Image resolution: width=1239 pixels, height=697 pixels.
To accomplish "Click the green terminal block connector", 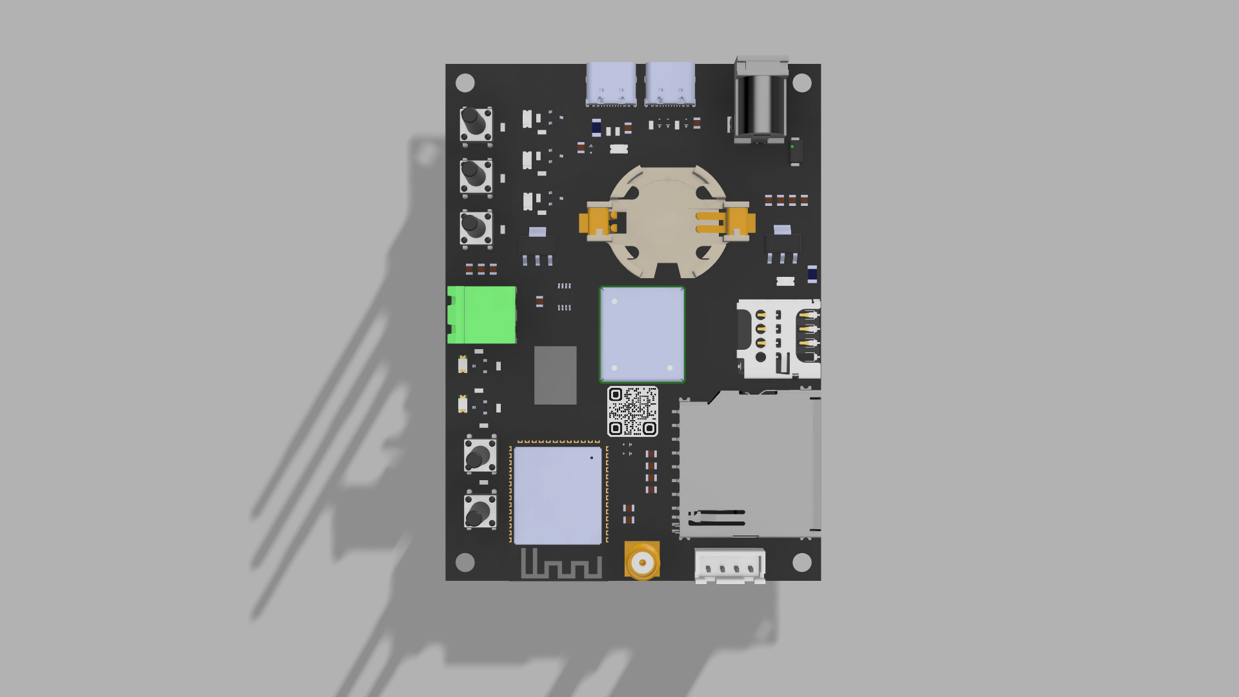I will coord(482,314).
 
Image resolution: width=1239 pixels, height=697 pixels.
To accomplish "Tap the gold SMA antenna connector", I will coord(642,561).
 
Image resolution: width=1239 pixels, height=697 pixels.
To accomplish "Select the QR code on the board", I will coord(632,411).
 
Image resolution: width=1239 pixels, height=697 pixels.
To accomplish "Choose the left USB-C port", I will coord(610,83).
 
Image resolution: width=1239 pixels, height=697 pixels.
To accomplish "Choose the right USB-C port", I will coord(670,83).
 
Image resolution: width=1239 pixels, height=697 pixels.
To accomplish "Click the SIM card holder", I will coord(779,338).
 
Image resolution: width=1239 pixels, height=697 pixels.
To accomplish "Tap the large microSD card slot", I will coord(749,464).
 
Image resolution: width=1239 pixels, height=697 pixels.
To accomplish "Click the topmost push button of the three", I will coord(476,124).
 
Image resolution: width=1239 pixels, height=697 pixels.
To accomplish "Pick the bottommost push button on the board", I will coord(480,511).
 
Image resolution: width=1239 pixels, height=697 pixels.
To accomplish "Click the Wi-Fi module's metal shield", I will coord(558,495).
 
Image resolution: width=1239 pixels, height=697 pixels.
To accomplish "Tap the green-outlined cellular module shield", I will coord(642,334).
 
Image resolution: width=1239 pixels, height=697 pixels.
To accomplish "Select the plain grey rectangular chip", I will coord(555,375).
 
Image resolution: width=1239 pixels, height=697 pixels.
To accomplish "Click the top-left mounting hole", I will coord(465,83).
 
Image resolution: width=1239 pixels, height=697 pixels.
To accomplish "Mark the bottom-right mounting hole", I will coord(801,562).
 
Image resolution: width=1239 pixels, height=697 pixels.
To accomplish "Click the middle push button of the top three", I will coord(476,176).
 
